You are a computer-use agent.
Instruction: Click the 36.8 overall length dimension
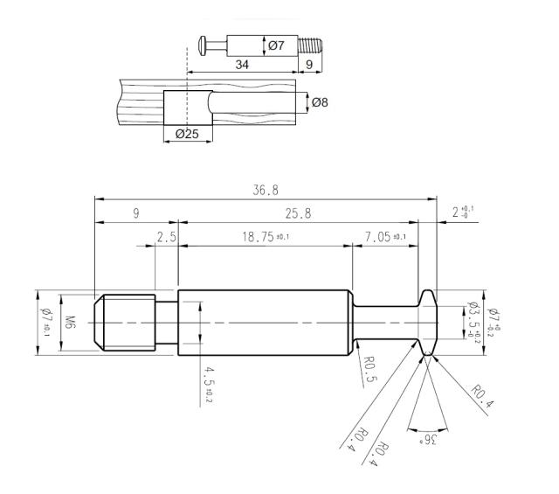click(x=266, y=190)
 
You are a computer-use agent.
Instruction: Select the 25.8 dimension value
click(x=298, y=213)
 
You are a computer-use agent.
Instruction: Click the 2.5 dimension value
click(x=167, y=237)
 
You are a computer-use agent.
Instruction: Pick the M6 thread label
click(x=70, y=323)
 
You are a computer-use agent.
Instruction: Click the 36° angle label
click(x=428, y=441)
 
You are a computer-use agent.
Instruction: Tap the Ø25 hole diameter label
click(x=187, y=134)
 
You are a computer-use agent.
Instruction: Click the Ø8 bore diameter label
click(x=320, y=103)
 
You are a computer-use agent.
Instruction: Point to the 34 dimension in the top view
click(x=242, y=65)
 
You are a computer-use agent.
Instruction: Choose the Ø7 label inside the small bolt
click(x=276, y=45)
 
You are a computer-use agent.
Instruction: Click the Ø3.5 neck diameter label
click(x=473, y=319)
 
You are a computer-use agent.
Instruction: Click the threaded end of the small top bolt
click(x=310, y=45)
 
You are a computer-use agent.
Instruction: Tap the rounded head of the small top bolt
click(x=202, y=45)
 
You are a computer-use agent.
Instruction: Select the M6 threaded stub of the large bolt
click(x=125, y=323)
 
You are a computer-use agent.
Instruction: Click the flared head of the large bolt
click(x=427, y=323)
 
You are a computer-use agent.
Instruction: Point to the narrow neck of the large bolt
click(x=386, y=323)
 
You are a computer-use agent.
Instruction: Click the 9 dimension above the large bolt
click(x=136, y=213)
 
